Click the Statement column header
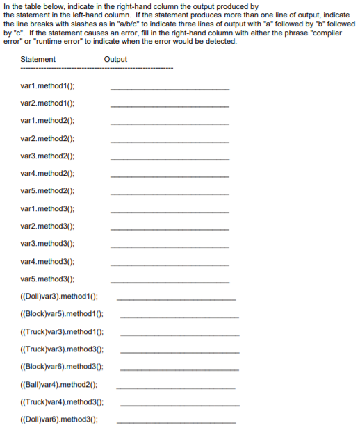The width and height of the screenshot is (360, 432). (x=38, y=59)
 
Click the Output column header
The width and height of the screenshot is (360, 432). (x=115, y=59)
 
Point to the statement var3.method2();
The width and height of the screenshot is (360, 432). (x=48, y=156)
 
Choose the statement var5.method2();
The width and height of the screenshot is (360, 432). (x=48, y=190)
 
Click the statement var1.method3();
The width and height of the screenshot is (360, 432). (x=48, y=208)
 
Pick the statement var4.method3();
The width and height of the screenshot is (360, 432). (x=48, y=261)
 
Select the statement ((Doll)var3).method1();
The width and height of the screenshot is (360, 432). (x=59, y=297)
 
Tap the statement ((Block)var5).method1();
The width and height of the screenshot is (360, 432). (x=61, y=314)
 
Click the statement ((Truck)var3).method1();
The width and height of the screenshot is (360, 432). (x=61, y=332)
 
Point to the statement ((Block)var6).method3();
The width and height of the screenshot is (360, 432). (x=61, y=367)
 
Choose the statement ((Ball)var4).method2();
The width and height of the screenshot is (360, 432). (x=58, y=384)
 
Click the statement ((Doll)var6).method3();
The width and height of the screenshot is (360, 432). (x=59, y=419)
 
